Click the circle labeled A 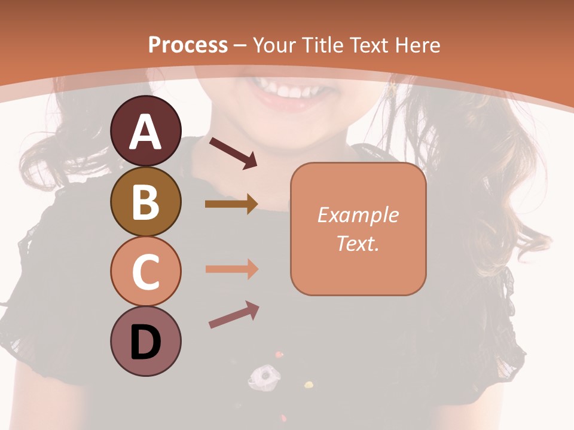[x=145, y=131]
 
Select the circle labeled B [x=145, y=201]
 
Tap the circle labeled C [x=145, y=271]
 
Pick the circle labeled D [x=145, y=342]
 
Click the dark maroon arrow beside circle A [x=233, y=152]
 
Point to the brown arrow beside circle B [x=231, y=204]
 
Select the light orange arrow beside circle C [x=231, y=269]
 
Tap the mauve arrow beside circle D [x=233, y=315]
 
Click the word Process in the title [x=188, y=45]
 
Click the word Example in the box [x=358, y=215]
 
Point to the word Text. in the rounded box [x=358, y=243]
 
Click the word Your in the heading [x=275, y=45]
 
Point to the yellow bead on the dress [x=309, y=384]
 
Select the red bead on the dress [x=279, y=355]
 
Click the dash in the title [x=240, y=45]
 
